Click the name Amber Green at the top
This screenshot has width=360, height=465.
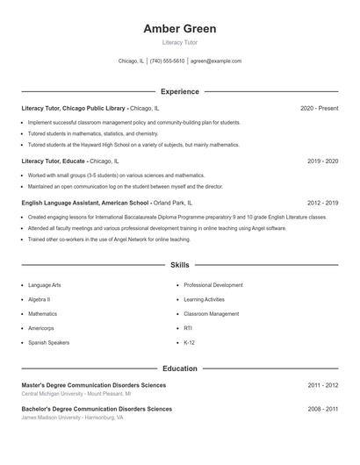click(179, 29)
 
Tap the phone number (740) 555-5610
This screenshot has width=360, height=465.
click(167, 61)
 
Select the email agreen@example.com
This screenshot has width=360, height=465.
click(216, 61)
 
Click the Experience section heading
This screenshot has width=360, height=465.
click(179, 91)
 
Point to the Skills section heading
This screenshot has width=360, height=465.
click(179, 265)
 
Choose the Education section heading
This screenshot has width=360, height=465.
click(179, 368)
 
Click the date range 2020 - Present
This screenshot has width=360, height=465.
click(319, 108)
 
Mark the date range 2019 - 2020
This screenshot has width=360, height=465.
click(322, 161)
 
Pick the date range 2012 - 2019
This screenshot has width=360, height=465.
click(322, 203)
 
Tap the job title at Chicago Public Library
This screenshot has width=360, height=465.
click(74, 108)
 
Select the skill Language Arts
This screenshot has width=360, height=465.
click(45, 285)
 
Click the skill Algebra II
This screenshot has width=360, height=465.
click(40, 299)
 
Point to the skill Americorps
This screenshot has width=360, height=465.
click(42, 328)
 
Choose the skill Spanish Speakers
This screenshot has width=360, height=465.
click(48, 342)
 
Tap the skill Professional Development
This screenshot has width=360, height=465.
click(213, 285)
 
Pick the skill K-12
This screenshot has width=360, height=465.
click(189, 342)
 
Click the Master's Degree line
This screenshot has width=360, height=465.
click(92, 385)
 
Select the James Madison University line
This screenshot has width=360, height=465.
click(73, 418)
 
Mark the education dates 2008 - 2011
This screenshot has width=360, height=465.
click(322, 409)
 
